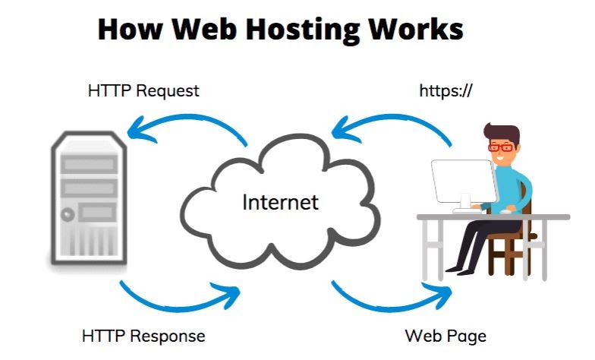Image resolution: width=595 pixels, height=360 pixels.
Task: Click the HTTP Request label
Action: point(143,91)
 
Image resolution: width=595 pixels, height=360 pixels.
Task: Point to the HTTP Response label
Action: point(143,335)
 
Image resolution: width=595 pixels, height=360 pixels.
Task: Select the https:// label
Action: point(446,91)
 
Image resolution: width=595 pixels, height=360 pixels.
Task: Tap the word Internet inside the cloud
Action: point(280,203)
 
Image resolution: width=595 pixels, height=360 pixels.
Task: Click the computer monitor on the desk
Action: point(463,183)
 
